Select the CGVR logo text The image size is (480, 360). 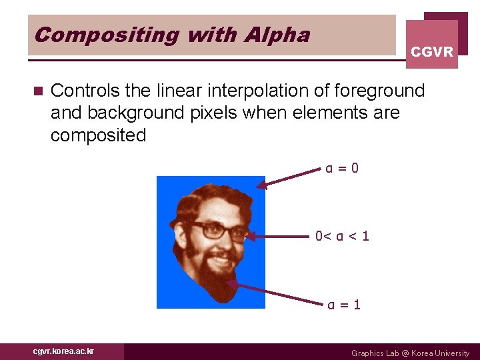tap(432, 52)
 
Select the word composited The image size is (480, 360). tap(98, 135)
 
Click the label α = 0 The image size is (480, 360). tap(343, 168)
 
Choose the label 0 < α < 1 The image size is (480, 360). tap(343, 236)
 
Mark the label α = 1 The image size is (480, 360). tap(344, 305)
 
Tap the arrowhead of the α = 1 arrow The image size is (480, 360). tap(231, 283)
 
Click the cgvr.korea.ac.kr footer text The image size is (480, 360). tap(63, 351)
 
